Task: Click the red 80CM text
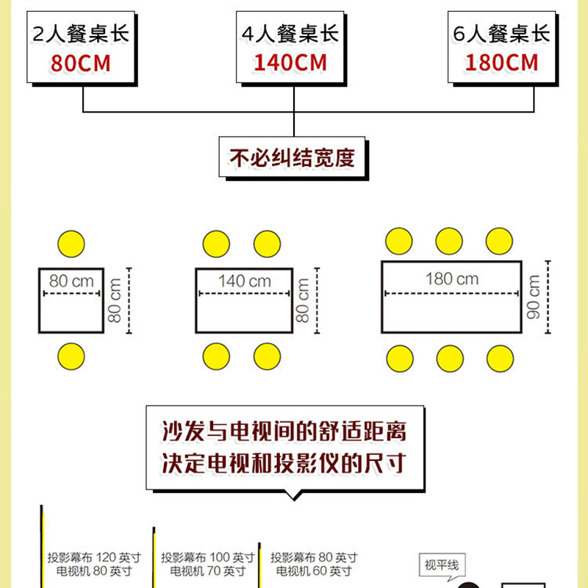(x=80, y=62)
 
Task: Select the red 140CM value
(x=290, y=62)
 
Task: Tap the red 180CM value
(x=502, y=62)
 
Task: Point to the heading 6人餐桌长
(x=502, y=33)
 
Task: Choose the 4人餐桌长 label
(x=290, y=33)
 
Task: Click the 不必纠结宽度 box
(x=293, y=158)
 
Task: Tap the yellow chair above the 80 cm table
(x=71, y=244)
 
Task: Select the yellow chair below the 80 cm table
(x=71, y=356)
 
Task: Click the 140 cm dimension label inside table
(x=244, y=281)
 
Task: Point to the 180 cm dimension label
(x=451, y=279)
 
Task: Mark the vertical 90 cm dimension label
(x=534, y=296)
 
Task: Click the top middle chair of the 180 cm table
(x=450, y=241)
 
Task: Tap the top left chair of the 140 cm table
(x=217, y=244)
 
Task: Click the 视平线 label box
(x=441, y=565)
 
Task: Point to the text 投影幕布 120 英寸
(x=93, y=558)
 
